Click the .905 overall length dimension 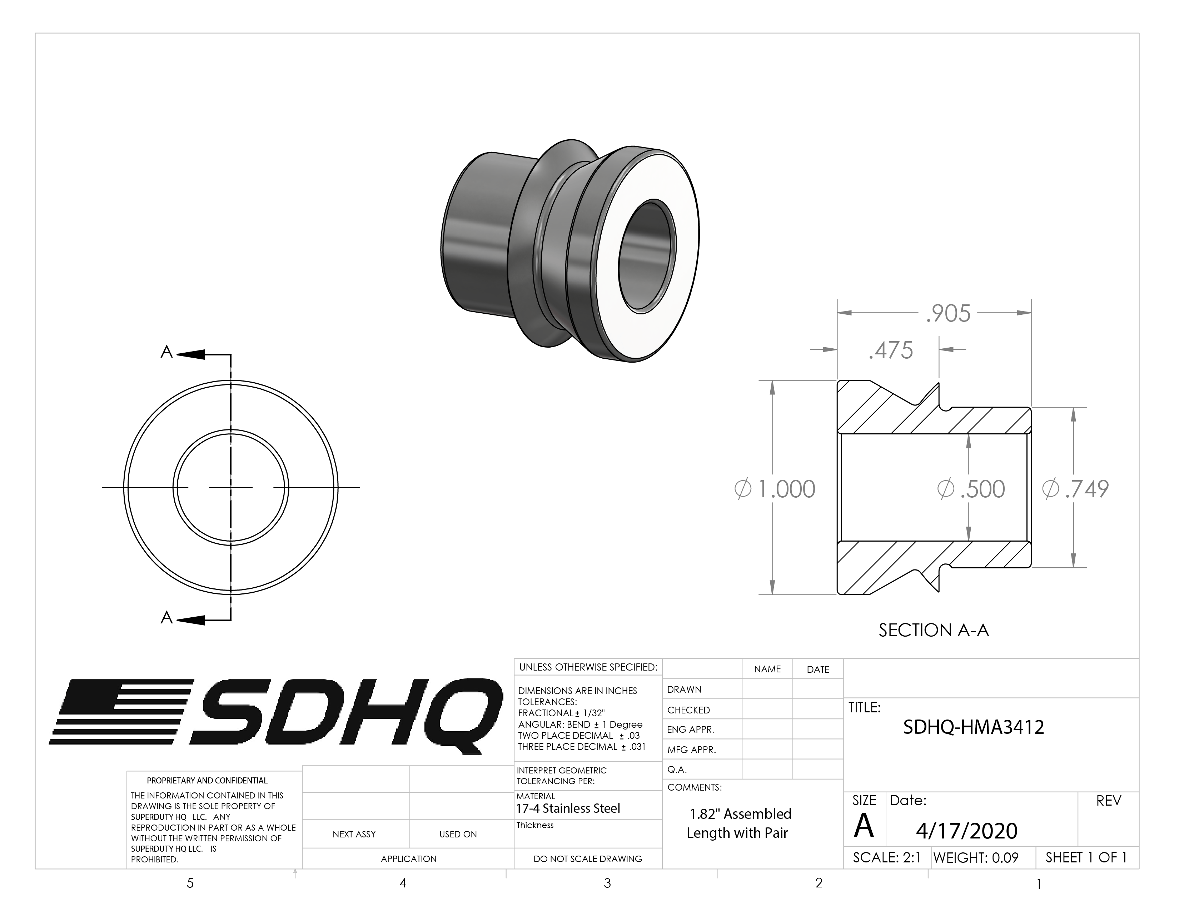click(948, 314)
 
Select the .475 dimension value click(891, 350)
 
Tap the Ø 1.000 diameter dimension click(775, 489)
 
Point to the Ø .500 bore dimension click(971, 489)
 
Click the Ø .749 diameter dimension click(1075, 489)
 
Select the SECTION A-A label click(933, 630)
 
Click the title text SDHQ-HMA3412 click(973, 727)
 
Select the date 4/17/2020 click(966, 831)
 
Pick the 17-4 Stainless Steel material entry click(568, 808)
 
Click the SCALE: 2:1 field click(886, 857)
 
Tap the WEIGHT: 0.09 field click(975, 857)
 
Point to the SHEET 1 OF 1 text click(1086, 857)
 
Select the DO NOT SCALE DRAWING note click(587, 858)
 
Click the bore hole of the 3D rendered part click(647, 257)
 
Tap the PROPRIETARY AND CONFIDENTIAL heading click(207, 780)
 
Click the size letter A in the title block click(864, 826)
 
